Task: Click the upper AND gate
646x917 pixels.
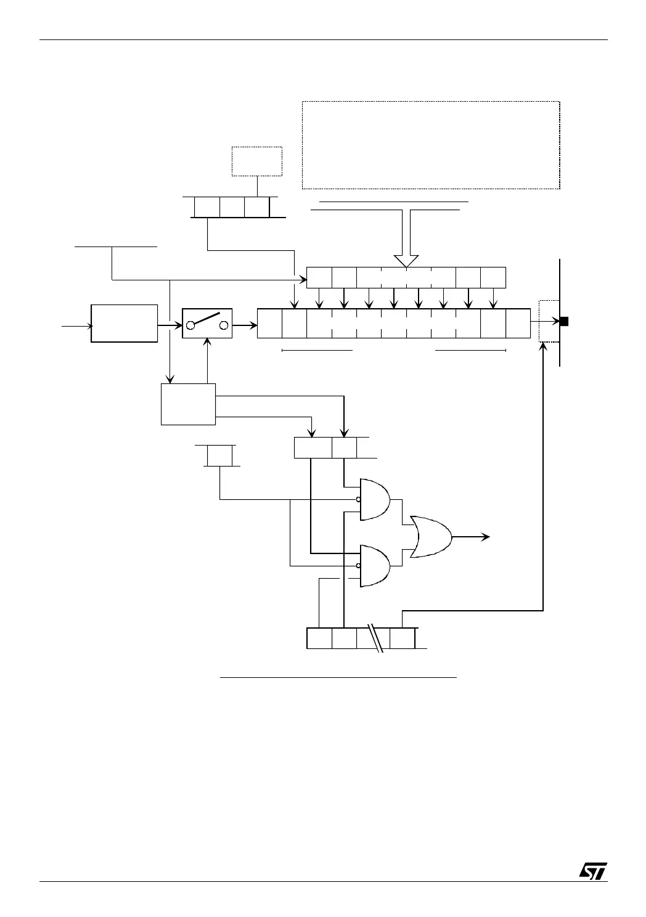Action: [374, 499]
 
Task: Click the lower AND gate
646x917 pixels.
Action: [374, 565]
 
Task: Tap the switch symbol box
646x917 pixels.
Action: [207, 324]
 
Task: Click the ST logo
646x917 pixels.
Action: [593, 870]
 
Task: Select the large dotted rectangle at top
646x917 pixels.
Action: [430, 145]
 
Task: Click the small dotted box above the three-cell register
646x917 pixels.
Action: [256, 161]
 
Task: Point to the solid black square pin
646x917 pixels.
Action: [563, 321]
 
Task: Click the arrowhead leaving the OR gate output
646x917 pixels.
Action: [486, 537]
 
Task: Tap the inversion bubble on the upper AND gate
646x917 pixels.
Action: [358, 499]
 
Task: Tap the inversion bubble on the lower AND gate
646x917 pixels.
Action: [358, 565]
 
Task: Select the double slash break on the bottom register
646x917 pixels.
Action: [377, 638]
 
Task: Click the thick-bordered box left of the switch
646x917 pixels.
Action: [124, 323]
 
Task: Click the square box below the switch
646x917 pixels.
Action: [188, 404]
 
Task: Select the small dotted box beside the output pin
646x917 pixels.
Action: [548, 321]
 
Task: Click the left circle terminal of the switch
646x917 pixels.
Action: [191, 325]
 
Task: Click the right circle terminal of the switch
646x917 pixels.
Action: [224, 325]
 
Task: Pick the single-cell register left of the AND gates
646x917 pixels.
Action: [219, 456]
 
